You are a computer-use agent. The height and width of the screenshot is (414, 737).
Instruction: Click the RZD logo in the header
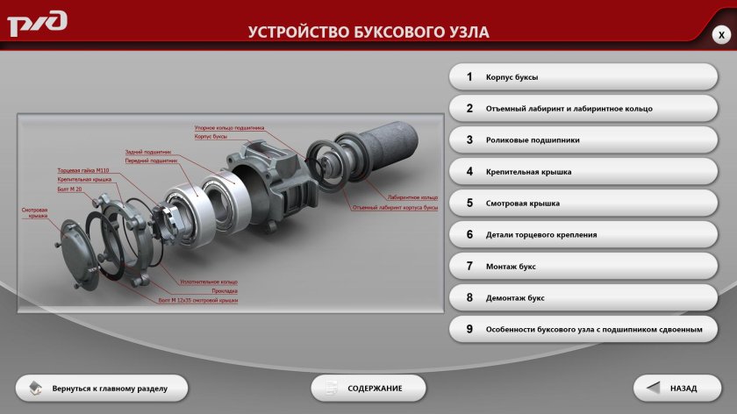pyautogui.click(x=37, y=24)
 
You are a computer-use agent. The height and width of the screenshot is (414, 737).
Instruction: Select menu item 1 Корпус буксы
pyautogui.click(x=583, y=77)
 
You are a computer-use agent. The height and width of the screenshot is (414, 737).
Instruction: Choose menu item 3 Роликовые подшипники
pyautogui.click(x=583, y=140)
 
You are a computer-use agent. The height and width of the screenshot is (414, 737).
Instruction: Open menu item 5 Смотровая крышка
pyautogui.click(x=583, y=203)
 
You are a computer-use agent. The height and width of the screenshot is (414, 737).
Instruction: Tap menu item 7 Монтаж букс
pyautogui.click(x=583, y=267)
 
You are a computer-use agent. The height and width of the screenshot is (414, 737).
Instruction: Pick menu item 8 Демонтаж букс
pyautogui.click(x=583, y=298)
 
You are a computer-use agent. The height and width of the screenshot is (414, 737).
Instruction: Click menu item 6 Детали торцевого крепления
pyautogui.click(x=583, y=235)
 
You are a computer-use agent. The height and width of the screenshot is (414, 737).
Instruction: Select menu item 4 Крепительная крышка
pyautogui.click(x=583, y=172)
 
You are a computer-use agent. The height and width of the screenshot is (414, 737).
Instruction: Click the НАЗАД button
pyautogui.click(x=676, y=388)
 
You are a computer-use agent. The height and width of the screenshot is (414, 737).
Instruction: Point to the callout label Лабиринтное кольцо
pyautogui.click(x=411, y=197)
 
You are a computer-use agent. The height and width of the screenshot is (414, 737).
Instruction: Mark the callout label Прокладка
pyautogui.click(x=225, y=290)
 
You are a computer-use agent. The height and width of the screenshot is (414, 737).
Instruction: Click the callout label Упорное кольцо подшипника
pyautogui.click(x=229, y=128)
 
